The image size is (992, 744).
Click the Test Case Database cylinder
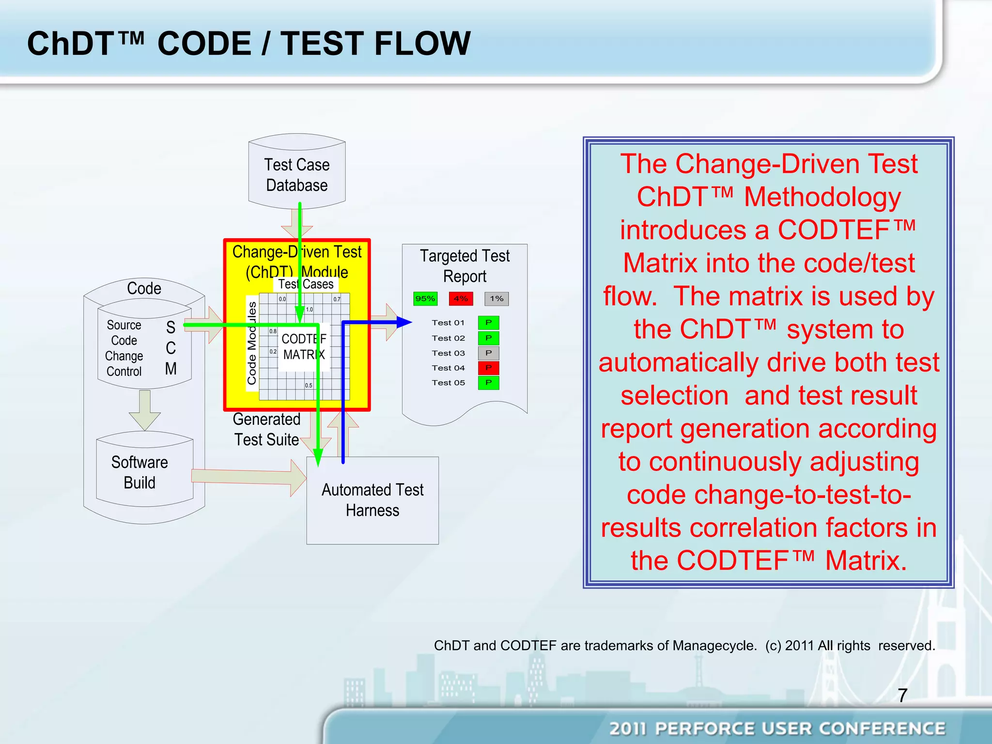(296, 174)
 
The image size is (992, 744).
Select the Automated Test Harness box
(372, 500)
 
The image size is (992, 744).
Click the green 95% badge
(425, 298)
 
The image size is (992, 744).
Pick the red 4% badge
(461, 298)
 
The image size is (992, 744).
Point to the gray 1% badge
(496, 298)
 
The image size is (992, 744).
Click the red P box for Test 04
(488, 368)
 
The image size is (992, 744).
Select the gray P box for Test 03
(488, 353)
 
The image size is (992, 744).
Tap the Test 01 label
(448, 323)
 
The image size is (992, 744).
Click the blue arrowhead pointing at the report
(403, 322)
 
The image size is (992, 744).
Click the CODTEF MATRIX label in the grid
(304, 347)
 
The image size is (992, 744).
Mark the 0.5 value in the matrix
(309, 386)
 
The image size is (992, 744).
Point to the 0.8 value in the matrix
(273, 331)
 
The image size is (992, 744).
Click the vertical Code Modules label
(251, 343)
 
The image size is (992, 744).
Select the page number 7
(902, 696)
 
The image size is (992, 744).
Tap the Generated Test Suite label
(266, 429)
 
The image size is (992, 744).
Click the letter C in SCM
(170, 348)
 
